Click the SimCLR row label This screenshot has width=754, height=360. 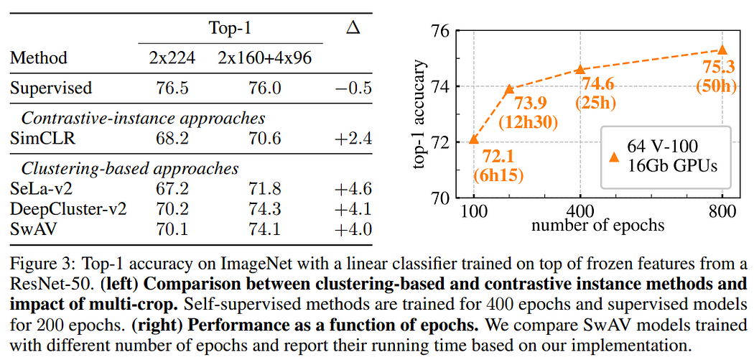[x=42, y=139]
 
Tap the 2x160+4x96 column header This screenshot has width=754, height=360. [x=264, y=58]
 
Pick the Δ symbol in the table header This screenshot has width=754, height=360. [x=353, y=28]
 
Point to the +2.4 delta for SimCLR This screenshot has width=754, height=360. [x=353, y=139]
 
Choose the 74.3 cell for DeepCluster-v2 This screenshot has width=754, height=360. [x=265, y=208]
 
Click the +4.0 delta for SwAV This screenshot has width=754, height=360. [x=353, y=229]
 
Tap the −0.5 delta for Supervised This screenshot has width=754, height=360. [x=353, y=88]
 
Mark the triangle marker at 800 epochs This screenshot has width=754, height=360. [x=722, y=50]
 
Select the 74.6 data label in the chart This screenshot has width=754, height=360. [x=597, y=85]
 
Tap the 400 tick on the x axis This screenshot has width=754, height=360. [x=581, y=211]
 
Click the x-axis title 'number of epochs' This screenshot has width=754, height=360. [x=598, y=224]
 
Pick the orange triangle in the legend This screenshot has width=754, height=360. [x=613, y=157]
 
